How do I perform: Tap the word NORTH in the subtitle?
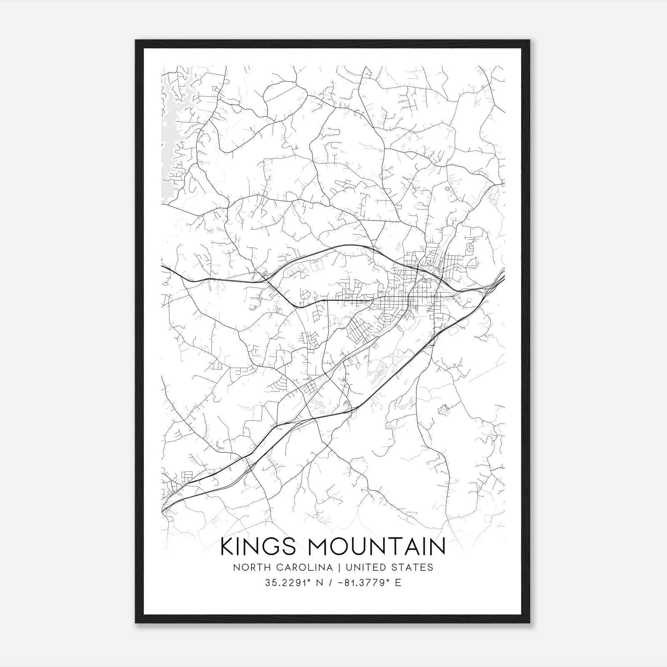(248, 567)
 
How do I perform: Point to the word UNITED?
(366, 567)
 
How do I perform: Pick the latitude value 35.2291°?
(289, 583)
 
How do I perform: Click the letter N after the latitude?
(320, 583)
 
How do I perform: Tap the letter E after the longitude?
(398, 583)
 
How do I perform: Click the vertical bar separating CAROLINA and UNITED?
(339, 567)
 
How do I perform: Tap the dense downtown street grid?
(421, 292)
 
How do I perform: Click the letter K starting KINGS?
(226, 547)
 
